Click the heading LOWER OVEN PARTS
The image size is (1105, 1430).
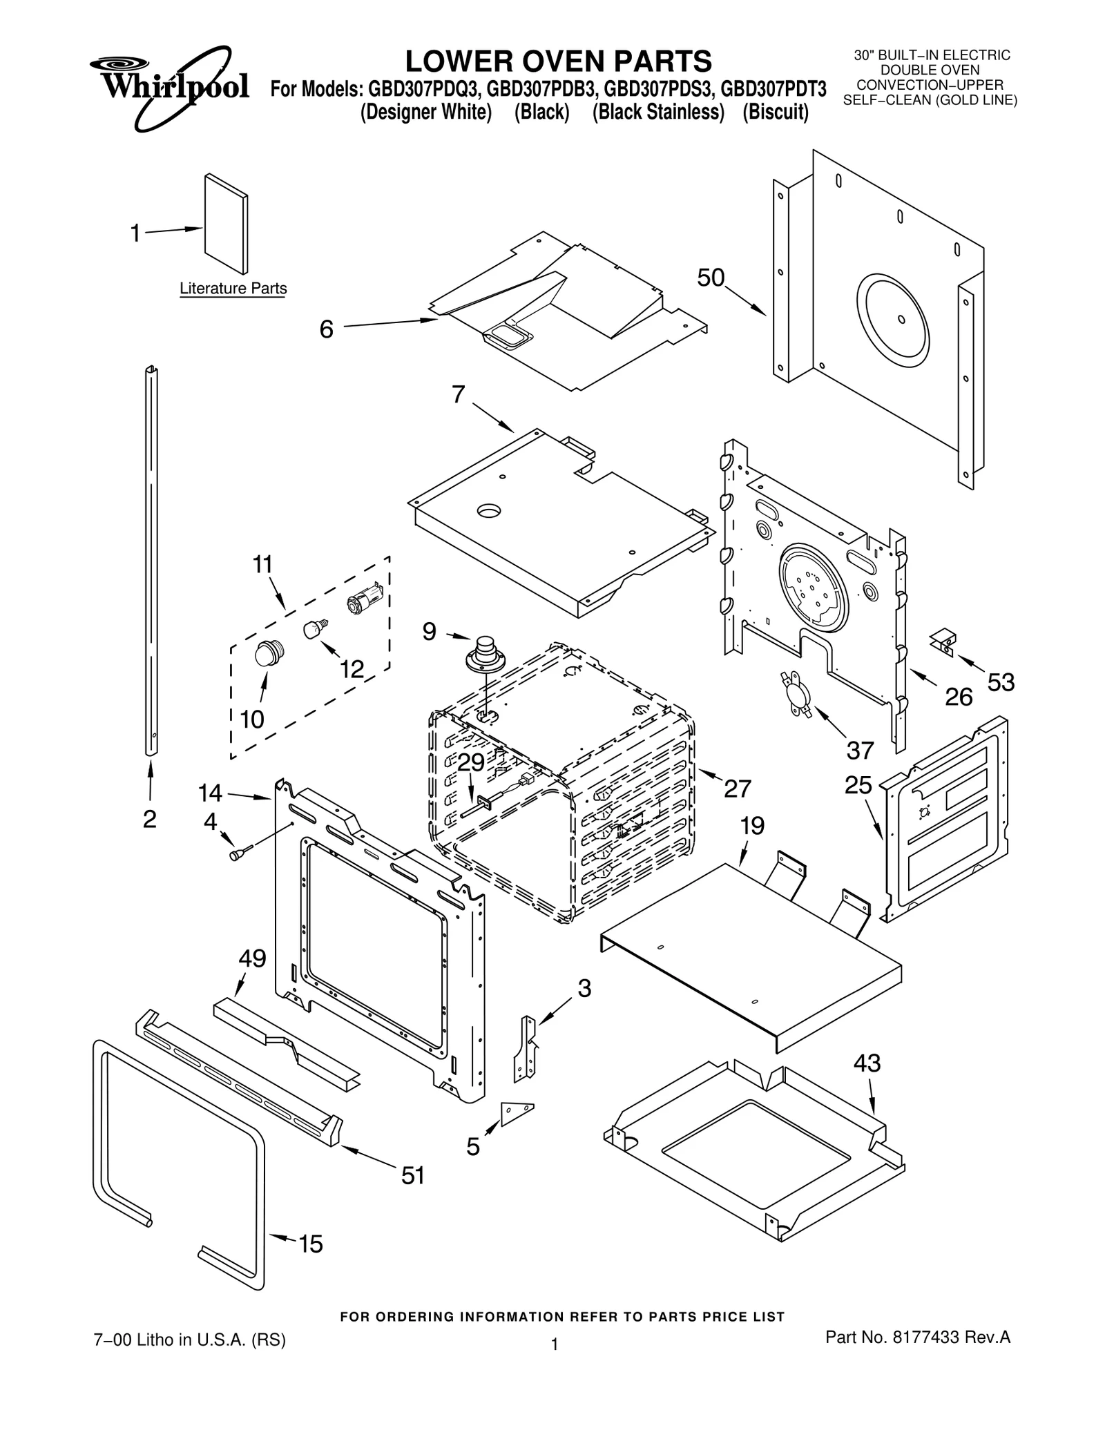[x=558, y=61]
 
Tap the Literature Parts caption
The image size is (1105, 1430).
[x=233, y=289]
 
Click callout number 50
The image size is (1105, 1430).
[x=710, y=278]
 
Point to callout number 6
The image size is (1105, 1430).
[x=327, y=329]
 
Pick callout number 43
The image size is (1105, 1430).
[x=867, y=1063]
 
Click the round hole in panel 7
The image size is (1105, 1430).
[x=490, y=511]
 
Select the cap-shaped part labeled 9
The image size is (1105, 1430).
[x=488, y=652]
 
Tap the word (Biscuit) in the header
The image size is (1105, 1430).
[x=775, y=112]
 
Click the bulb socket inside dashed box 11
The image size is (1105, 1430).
[x=364, y=597]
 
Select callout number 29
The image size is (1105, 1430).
[x=471, y=762]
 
